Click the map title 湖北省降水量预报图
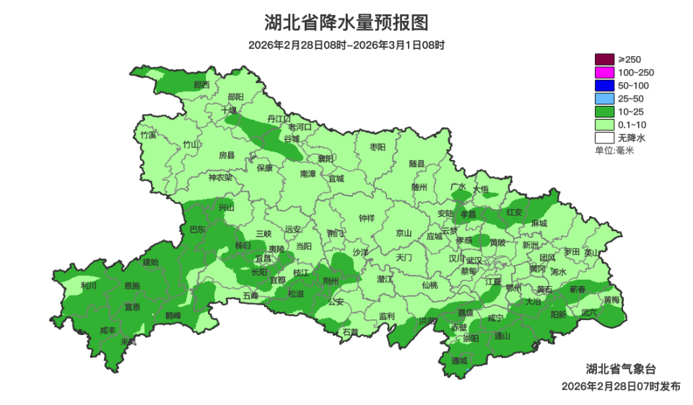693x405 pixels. pyautogui.click(x=346, y=23)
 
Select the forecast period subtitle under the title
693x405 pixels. pyautogui.click(x=346, y=45)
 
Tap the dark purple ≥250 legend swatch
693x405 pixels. pyautogui.click(x=603, y=59)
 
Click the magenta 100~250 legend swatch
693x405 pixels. pyautogui.click(x=603, y=72)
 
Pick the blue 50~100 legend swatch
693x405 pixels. pyautogui.click(x=603, y=85)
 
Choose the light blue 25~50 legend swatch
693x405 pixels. pyautogui.click(x=603, y=98)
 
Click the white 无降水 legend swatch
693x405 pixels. pyautogui.click(x=603, y=137)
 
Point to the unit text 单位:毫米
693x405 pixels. pyautogui.click(x=614, y=150)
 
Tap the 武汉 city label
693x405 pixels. pyautogui.click(x=474, y=260)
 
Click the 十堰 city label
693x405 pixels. pyautogui.click(x=229, y=111)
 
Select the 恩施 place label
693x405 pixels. pyautogui.click(x=132, y=286)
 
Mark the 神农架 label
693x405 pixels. pyautogui.click(x=220, y=177)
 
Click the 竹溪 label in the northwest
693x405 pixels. pyautogui.click(x=148, y=135)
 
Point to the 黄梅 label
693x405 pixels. pyautogui.click(x=611, y=299)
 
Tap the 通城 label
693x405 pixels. pyautogui.click(x=459, y=360)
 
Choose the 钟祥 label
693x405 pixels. pyautogui.click(x=367, y=218)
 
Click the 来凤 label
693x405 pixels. pyautogui.click(x=128, y=342)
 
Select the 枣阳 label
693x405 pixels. pyautogui.click(x=378, y=147)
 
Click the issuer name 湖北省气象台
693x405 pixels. pyautogui.click(x=621, y=369)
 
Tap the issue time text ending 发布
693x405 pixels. pyautogui.click(x=621, y=386)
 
